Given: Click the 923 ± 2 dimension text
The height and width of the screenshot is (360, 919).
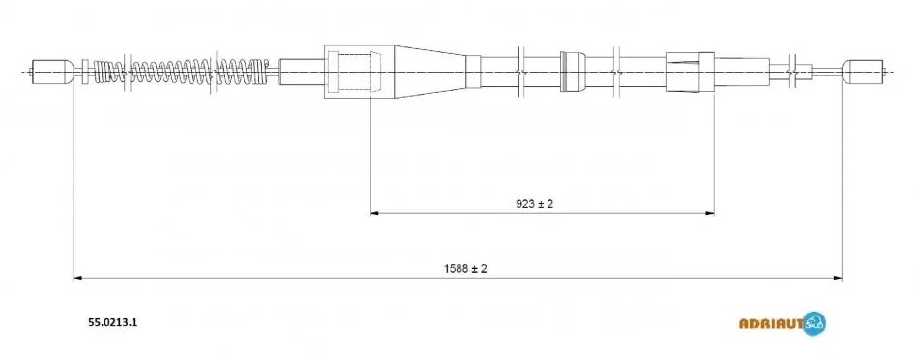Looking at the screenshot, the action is (x=535, y=204).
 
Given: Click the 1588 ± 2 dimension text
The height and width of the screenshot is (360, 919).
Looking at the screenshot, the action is (x=465, y=268).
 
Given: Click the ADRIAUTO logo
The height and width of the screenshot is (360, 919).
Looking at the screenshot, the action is (x=783, y=323).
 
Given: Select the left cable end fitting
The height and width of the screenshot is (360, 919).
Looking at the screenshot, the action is (x=51, y=72).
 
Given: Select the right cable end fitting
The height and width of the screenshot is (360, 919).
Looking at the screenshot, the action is (x=864, y=72).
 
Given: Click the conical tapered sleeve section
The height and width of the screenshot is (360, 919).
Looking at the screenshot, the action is (x=430, y=72).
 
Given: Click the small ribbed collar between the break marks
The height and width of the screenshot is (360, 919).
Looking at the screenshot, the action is (x=573, y=72).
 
